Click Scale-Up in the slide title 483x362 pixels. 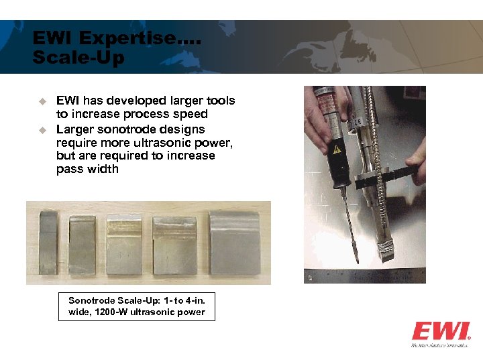(78, 58)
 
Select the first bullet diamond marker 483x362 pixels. (41, 101)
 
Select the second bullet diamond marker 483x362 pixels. (41, 129)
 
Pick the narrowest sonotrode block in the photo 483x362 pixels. (49, 243)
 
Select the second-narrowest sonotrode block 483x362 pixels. (83, 244)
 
